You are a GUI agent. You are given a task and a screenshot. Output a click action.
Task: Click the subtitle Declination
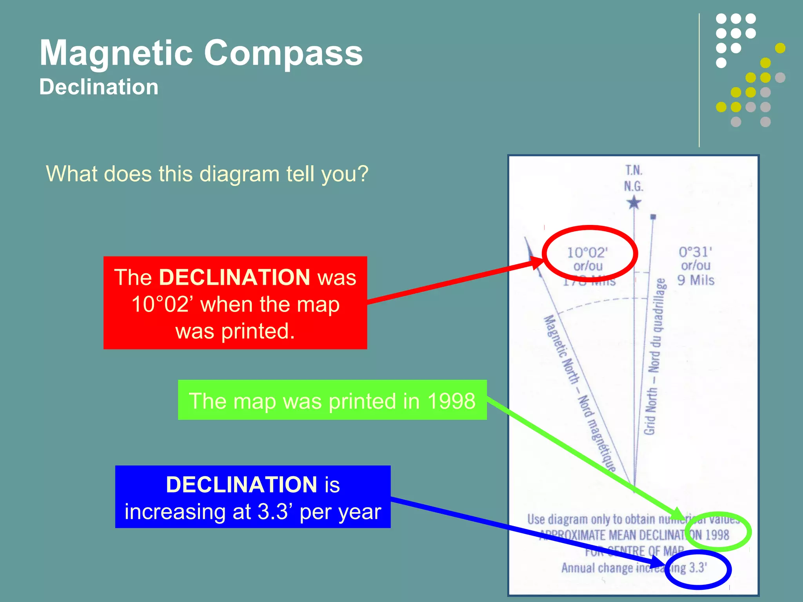click(99, 87)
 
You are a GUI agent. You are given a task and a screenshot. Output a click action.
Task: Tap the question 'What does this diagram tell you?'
click(207, 174)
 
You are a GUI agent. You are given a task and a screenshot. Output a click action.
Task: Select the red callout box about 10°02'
click(235, 303)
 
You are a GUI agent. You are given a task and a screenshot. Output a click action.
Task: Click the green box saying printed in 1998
click(332, 400)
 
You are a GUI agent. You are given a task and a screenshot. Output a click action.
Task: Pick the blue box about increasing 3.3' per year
click(253, 497)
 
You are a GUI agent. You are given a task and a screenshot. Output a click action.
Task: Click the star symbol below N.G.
click(634, 203)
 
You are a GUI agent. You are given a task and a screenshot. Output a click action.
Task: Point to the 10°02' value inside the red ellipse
click(587, 253)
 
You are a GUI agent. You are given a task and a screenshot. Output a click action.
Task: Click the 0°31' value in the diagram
click(695, 252)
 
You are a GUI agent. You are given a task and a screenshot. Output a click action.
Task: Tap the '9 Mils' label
click(696, 280)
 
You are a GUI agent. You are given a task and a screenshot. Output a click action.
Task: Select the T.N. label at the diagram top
click(634, 170)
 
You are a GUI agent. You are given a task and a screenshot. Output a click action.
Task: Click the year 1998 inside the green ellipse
click(717, 535)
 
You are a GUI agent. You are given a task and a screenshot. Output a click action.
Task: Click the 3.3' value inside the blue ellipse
click(698, 568)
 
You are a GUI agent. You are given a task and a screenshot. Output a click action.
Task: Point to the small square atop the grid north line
click(653, 217)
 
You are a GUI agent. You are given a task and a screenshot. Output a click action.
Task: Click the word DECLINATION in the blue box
click(241, 484)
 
